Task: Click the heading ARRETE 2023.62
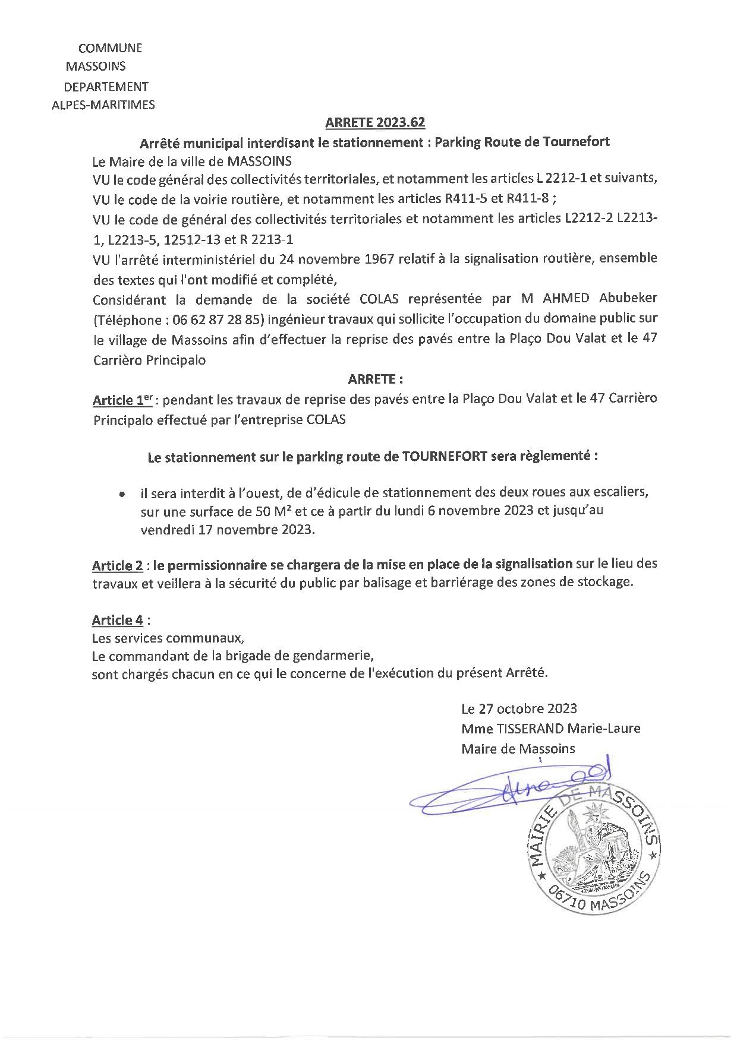point(375,123)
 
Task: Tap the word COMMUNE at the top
point(111,49)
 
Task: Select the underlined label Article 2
point(116,564)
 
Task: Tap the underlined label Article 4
point(117,621)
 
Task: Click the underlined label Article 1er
point(122,400)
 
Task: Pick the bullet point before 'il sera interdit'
point(122,494)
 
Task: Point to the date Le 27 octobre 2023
point(519,708)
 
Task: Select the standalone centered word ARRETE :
point(375,379)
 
